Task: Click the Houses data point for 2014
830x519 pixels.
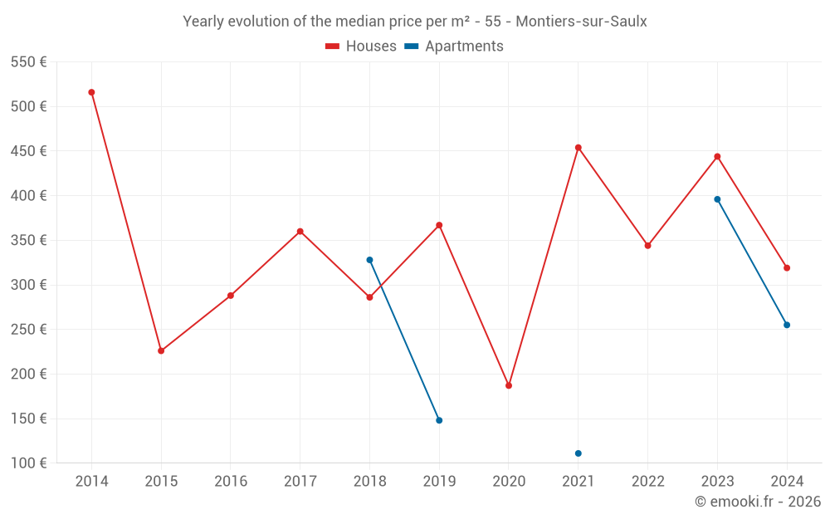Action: tap(91, 92)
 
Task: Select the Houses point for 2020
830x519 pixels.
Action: tap(509, 385)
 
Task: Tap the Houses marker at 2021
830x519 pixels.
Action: tap(579, 148)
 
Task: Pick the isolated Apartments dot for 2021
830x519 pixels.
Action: tap(579, 453)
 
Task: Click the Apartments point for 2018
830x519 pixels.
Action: tap(369, 260)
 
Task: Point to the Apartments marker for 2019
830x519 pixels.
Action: tap(439, 420)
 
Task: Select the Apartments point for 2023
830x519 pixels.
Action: tap(717, 199)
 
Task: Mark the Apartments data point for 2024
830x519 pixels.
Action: tap(787, 325)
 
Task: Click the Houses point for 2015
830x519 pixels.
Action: tap(161, 350)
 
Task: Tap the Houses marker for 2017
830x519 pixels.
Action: tap(300, 232)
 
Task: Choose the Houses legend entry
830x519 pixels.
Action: tap(361, 47)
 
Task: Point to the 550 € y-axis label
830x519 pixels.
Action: tap(28, 62)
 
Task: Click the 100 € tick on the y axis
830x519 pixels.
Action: tap(28, 463)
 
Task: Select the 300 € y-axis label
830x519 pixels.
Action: tap(28, 285)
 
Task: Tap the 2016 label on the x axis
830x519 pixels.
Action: tap(231, 482)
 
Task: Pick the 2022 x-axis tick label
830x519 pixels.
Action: tap(647, 482)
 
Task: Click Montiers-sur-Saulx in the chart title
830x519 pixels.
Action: tap(581, 22)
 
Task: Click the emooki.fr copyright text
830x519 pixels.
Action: tap(758, 502)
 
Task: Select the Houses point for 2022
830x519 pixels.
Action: tap(647, 246)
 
